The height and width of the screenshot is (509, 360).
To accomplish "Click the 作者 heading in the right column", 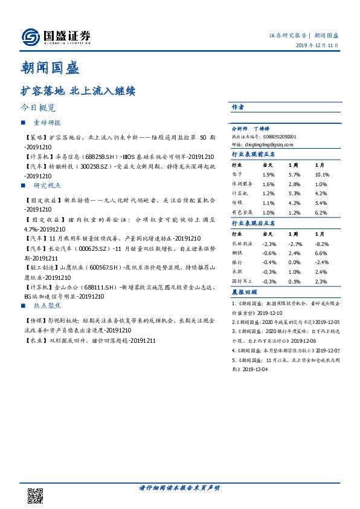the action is pos(238,107).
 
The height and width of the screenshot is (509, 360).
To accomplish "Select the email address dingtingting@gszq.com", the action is pos(266,145).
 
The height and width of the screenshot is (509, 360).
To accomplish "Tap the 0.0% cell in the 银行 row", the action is pos(295,262).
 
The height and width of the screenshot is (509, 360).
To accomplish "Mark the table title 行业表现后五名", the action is pos(254,223).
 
